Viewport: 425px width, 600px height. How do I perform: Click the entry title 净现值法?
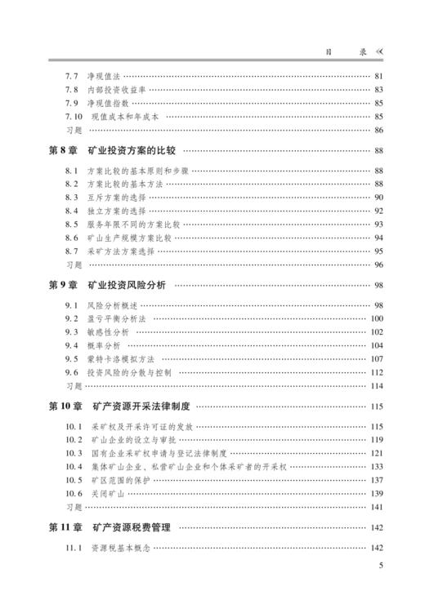tap(104, 76)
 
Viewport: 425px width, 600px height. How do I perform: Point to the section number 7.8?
tap(72, 90)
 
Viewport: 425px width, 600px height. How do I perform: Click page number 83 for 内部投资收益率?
tap(378, 90)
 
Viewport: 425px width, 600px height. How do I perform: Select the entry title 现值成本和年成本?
tap(125, 117)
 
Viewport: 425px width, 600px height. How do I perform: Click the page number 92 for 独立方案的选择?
tap(378, 211)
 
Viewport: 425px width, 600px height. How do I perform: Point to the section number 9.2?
tap(72, 318)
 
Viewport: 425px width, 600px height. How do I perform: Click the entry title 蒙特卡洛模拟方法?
tap(119, 358)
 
